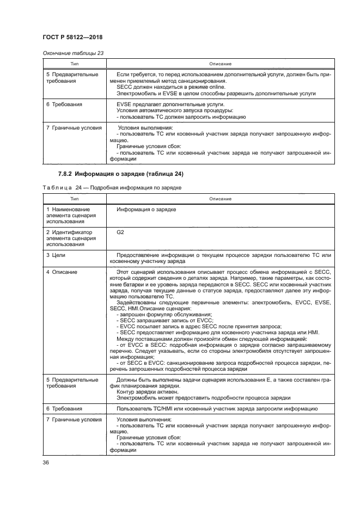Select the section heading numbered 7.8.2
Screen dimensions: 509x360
point(120,174)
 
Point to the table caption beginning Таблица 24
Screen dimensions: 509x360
point(112,187)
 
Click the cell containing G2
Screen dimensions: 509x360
point(120,232)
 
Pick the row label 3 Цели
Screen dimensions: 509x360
point(56,255)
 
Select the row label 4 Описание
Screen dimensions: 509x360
point(62,272)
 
